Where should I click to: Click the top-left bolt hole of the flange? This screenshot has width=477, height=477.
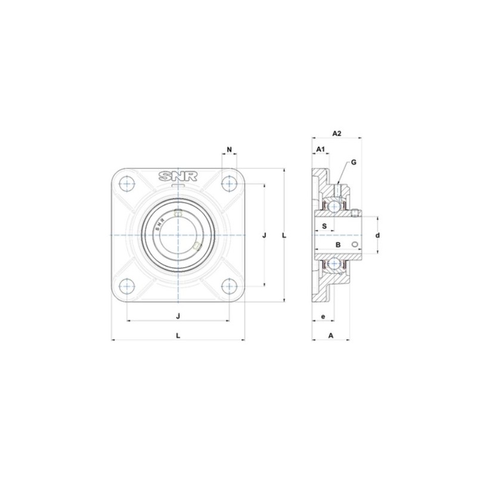pos(128,184)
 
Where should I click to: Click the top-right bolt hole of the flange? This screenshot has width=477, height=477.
pos(229,184)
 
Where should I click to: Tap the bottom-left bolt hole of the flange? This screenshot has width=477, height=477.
pos(128,286)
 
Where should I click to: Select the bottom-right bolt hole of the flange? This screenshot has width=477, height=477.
pos(229,286)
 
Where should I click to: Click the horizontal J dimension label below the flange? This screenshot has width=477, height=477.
pos(178,315)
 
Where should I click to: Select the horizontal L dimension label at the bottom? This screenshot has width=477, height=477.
pos(178,335)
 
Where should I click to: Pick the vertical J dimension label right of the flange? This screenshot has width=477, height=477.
pos(264,236)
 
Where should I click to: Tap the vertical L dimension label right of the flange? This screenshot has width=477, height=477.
pos(284,236)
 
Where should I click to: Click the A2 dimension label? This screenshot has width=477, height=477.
pos(336,133)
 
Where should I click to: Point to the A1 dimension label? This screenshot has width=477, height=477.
pos(320,148)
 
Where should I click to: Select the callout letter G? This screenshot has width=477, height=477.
pos(354,162)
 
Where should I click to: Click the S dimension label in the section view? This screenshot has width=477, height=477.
pos(324,226)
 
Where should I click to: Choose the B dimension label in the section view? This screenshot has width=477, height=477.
pos(337,244)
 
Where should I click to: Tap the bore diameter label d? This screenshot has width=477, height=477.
pos(377,236)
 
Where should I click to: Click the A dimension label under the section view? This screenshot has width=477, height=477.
pos(330,335)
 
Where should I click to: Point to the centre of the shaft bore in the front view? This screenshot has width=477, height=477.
pos(178,236)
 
